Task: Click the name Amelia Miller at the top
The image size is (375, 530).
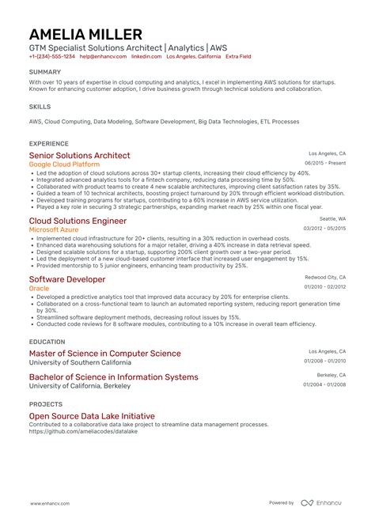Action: (x=85, y=34)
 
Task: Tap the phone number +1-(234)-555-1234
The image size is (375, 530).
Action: (x=52, y=57)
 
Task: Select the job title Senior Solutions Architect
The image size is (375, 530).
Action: (x=79, y=156)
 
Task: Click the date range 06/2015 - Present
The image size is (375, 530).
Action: (x=325, y=163)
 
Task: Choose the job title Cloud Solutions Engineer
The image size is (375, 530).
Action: (x=78, y=221)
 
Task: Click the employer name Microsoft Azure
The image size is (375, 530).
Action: (x=55, y=229)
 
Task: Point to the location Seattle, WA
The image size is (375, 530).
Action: (x=332, y=218)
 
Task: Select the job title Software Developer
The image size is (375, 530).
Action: (x=67, y=279)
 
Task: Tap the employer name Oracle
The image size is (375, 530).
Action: (x=39, y=288)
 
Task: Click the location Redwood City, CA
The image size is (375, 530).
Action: (x=326, y=277)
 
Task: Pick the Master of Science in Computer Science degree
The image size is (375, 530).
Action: (x=104, y=354)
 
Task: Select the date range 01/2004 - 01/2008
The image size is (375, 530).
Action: (x=324, y=384)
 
